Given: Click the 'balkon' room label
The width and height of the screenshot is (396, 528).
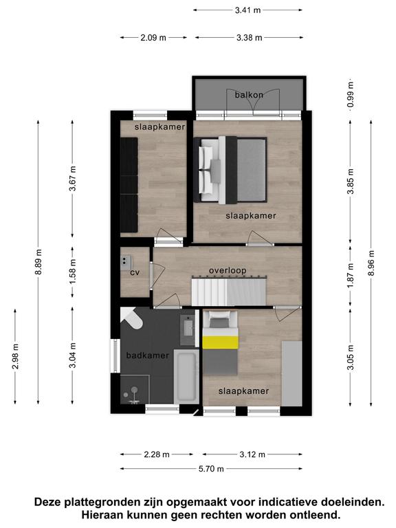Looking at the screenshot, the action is coord(249,95).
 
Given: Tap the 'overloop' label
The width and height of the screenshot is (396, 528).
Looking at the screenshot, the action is coord(228,270).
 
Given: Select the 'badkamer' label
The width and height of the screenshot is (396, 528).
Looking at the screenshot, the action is coord(148,355).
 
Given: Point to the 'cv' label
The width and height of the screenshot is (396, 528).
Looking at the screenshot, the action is coord(135,272).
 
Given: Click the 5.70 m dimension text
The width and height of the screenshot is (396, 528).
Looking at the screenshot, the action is coord(211,468).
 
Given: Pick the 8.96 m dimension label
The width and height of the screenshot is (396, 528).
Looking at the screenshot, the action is coord(371,263).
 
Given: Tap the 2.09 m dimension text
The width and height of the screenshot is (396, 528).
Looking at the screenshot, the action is coord(153,38).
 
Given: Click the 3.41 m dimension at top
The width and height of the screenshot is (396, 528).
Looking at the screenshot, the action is coord(247,10).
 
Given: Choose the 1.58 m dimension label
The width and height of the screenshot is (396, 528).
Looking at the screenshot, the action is coord(72,272).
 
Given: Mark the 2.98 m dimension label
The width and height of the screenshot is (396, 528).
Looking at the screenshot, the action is coord(15,356).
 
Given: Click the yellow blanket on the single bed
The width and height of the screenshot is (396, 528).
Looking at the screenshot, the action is coord(220,342).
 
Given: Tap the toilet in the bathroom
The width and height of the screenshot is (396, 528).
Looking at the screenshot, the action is coord(132,318).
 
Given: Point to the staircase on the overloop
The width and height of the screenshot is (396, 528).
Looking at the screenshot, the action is coord(229,291).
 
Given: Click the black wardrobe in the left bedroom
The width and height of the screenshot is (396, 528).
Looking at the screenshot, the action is coord(129,184).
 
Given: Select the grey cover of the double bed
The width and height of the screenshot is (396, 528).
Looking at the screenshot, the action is coord(252,170).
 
